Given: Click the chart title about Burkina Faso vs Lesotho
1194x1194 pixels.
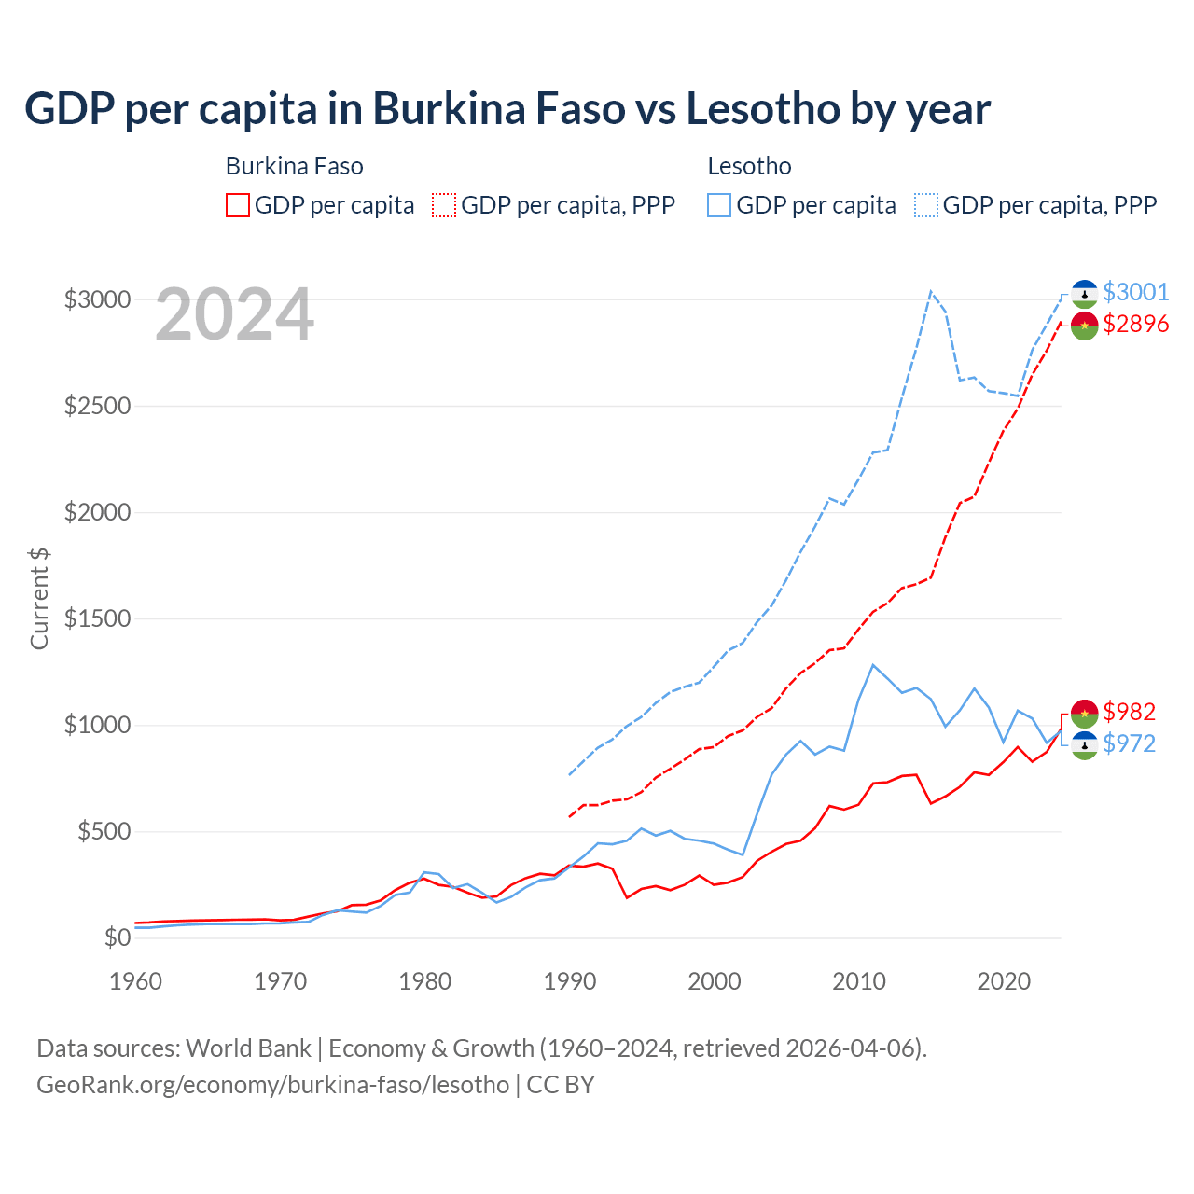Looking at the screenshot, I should click(x=507, y=109).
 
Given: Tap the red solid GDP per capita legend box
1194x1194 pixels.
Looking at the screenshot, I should click(x=238, y=205).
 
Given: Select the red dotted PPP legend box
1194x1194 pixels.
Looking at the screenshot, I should click(x=445, y=205).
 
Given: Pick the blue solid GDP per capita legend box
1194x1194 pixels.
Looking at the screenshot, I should click(x=719, y=205).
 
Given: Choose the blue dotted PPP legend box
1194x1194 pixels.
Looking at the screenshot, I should click(x=926, y=205).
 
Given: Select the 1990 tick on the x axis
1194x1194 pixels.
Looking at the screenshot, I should click(x=570, y=981).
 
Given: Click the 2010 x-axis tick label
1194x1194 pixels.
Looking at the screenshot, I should click(x=859, y=981).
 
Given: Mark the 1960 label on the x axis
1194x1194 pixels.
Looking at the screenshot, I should click(x=136, y=981).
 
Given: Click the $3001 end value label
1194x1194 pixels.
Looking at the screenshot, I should click(x=1135, y=292).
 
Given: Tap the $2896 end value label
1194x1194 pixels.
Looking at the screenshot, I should click(x=1135, y=324).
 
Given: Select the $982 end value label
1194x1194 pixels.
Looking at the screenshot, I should click(x=1129, y=712).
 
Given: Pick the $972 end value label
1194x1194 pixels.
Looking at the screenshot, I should click(x=1129, y=743).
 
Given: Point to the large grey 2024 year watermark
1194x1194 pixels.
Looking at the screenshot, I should click(x=234, y=315).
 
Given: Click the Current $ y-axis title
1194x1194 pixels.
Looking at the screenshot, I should click(x=39, y=598).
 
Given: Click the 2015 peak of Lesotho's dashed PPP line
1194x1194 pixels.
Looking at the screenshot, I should click(x=931, y=291).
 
